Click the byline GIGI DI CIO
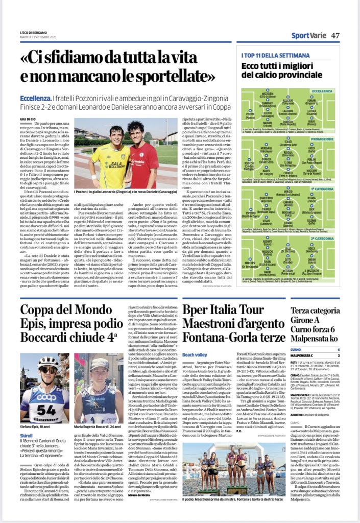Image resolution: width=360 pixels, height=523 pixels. click(30, 118)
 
